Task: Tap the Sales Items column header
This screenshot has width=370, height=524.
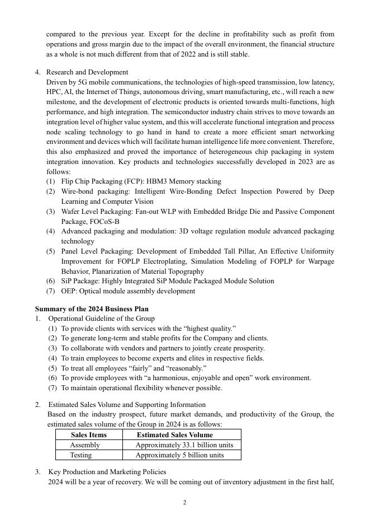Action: pos(88,434)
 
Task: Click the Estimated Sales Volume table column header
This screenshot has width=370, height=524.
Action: pos(174,434)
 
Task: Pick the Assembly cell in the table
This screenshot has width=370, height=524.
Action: pos(84,445)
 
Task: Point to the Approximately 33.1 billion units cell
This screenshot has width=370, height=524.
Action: pos(184,445)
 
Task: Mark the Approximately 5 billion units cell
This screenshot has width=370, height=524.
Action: pos(179,455)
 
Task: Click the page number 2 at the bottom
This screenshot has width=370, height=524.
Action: pos(185,503)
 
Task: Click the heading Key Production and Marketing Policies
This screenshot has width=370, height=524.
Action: pos(107,472)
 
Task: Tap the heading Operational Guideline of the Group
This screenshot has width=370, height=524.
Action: pos(101,319)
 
